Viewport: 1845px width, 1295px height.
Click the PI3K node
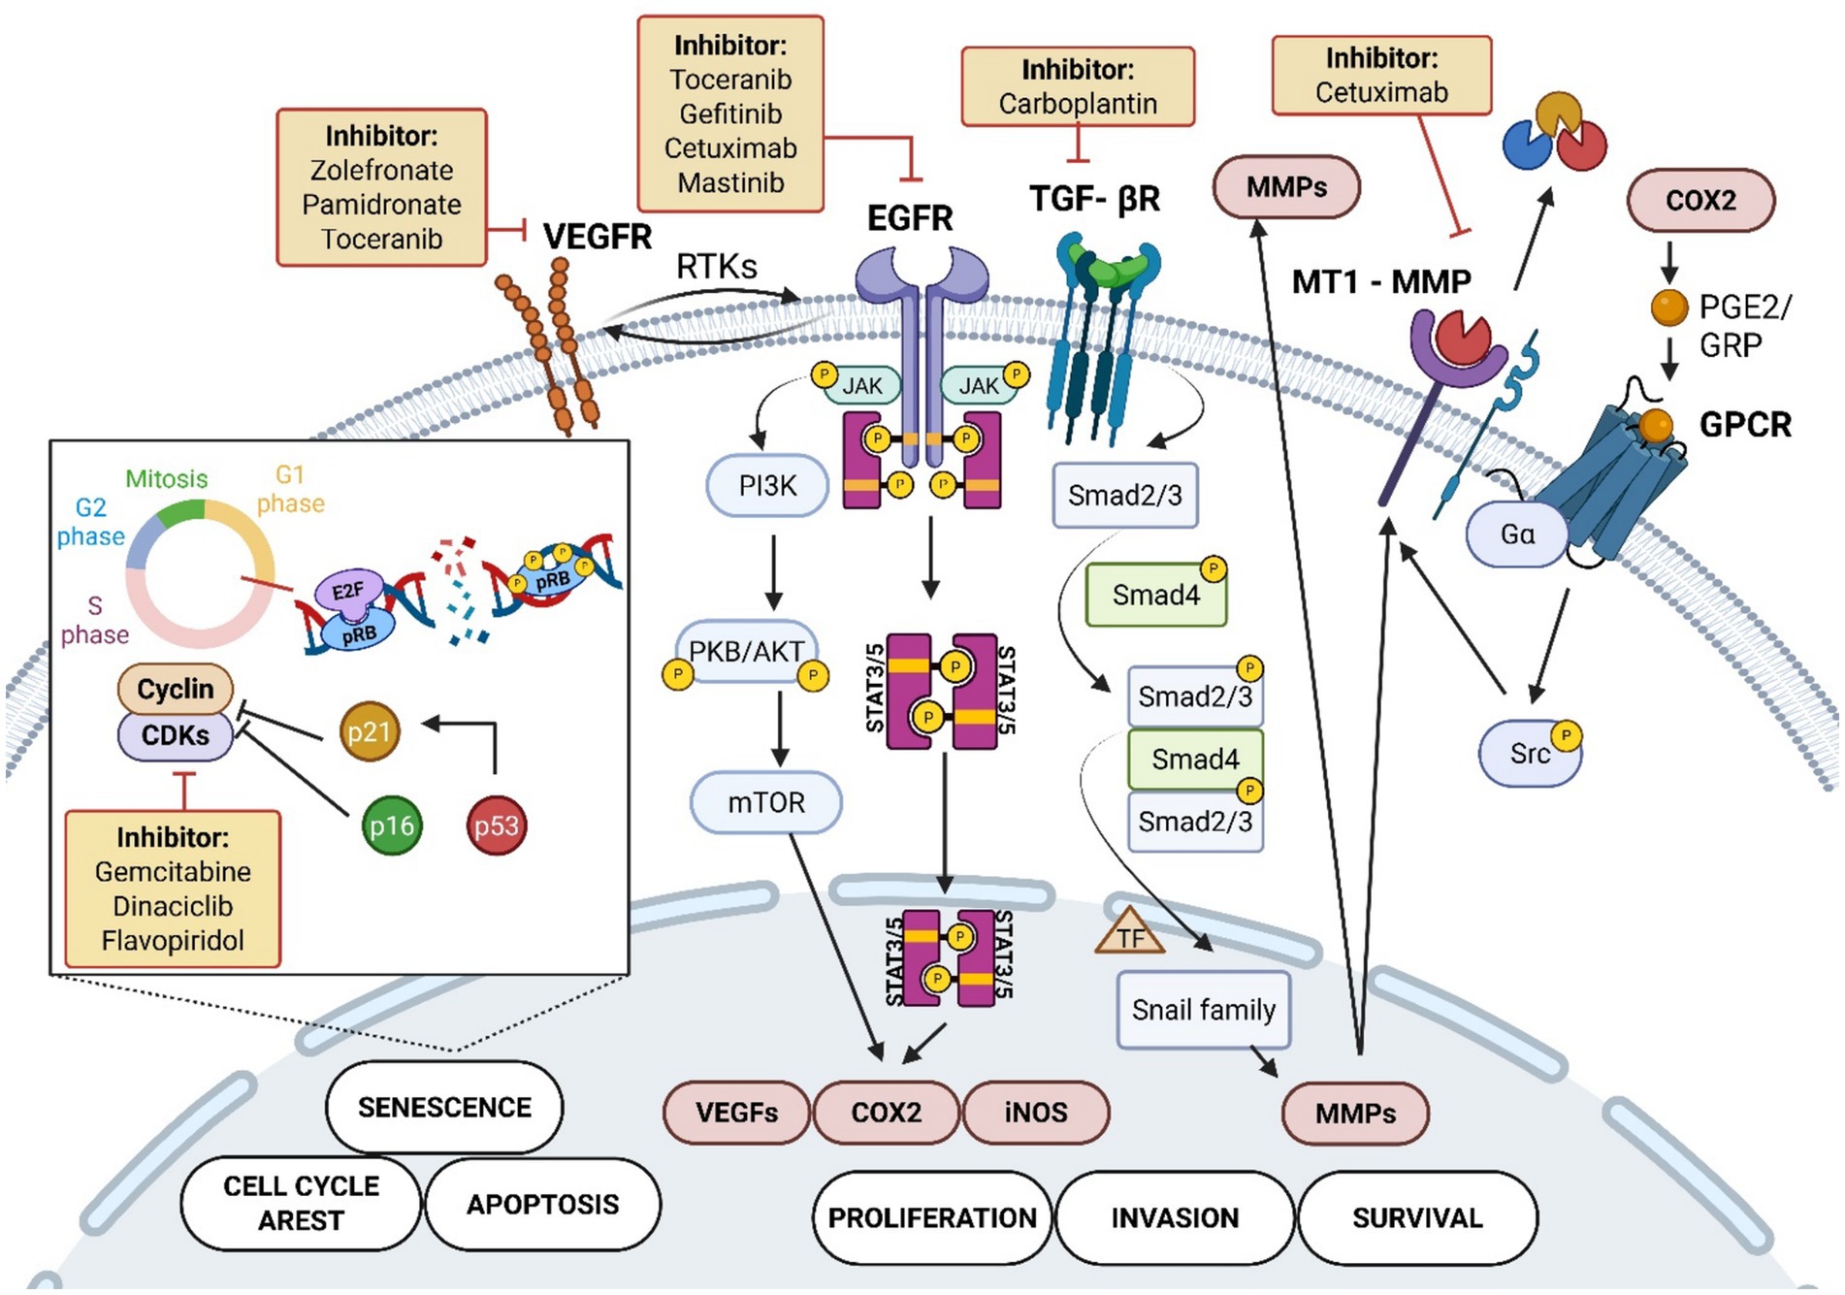coord(766,485)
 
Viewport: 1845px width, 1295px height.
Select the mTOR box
coord(766,802)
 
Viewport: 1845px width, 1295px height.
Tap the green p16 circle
coord(392,826)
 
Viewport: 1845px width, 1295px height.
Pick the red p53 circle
coord(496,826)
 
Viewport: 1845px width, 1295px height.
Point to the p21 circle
coord(370,731)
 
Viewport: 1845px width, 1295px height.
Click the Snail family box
coord(1203,1010)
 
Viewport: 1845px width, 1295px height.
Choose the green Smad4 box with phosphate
coord(1156,595)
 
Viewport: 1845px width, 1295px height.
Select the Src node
coord(1530,753)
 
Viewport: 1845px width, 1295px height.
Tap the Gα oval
coord(1516,534)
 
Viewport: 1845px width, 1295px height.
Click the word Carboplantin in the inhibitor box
coord(1078,104)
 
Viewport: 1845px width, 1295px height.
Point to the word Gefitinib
coord(730,114)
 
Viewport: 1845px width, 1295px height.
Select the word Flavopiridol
coord(173,940)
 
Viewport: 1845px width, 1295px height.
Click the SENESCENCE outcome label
coord(444,1107)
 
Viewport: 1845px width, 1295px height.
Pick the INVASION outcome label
coord(1175,1217)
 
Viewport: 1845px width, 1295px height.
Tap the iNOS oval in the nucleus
coord(1036,1112)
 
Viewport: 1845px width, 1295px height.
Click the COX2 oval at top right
coord(1700,201)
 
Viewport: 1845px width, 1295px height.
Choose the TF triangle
coord(1129,933)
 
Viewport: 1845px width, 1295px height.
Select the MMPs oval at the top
coord(1286,186)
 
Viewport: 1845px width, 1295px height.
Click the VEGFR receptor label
coord(597,237)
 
